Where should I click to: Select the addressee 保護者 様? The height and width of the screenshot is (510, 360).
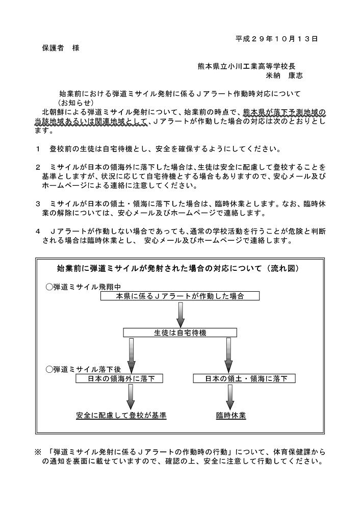click(61, 48)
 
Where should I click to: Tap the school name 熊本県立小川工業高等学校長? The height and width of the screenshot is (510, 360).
click(247, 66)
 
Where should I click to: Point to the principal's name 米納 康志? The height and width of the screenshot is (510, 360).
click(284, 75)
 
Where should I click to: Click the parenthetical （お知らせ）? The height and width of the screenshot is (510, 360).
click(76, 103)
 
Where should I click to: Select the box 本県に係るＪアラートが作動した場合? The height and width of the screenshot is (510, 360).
click(180, 296)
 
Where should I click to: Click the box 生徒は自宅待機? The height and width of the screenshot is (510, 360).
click(180, 333)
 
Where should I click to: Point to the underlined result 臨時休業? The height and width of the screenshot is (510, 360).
click(231, 415)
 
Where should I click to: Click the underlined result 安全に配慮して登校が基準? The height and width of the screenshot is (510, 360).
click(121, 415)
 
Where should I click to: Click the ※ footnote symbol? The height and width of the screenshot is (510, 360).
click(38, 452)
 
